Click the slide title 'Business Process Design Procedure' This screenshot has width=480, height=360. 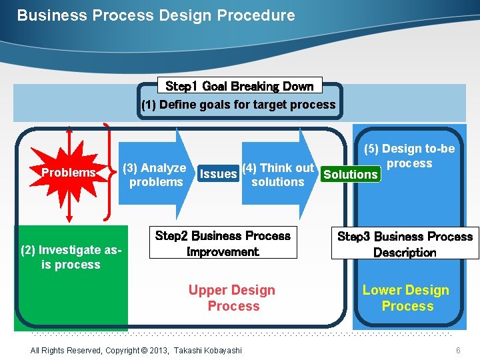click(x=155, y=15)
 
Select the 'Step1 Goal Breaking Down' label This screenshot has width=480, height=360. click(x=239, y=86)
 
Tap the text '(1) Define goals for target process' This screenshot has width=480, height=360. click(x=238, y=105)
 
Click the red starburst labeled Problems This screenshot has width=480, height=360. click(x=69, y=173)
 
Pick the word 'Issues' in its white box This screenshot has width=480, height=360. click(x=218, y=174)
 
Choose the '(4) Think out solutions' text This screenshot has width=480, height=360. click(x=277, y=175)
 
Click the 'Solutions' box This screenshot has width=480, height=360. click(x=350, y=175)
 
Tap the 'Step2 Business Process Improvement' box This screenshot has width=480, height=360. click(x=223, y=243)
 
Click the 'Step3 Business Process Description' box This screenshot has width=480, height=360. click(x=405, y=244)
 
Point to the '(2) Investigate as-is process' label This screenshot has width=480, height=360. click(x=71, y=257)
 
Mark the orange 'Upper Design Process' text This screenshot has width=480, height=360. click(x=232, y=298)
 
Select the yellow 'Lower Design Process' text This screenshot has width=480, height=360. click(x=406, y=298)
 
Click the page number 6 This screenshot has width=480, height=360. click(x=458, y=351)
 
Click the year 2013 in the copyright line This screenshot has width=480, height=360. click(x=159, y=351)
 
